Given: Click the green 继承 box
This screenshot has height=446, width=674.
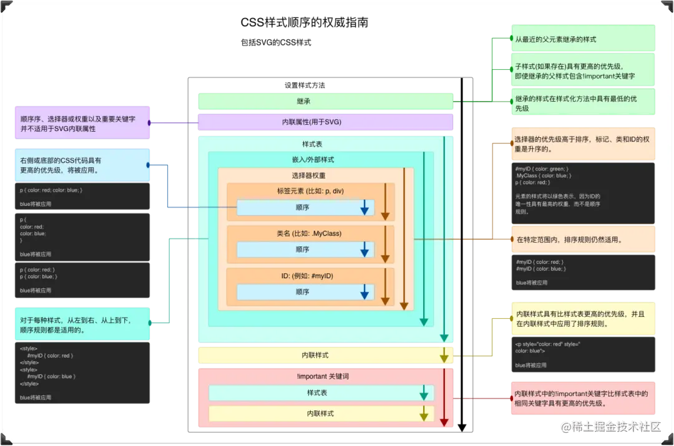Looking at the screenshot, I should [325, 101].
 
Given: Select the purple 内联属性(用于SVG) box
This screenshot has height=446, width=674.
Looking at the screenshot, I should [325, 122].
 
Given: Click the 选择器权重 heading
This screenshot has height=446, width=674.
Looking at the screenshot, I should [308, 175].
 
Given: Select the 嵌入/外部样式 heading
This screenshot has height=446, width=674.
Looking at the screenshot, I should [313, 160].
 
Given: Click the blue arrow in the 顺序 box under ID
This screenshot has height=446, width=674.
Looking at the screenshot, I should [364, 292].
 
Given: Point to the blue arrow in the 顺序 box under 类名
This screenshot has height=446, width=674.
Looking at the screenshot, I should [364, 250].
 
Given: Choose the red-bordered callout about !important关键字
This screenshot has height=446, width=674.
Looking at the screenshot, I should [583, 398].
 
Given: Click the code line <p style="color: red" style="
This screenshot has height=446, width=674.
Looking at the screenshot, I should [547, 344].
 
